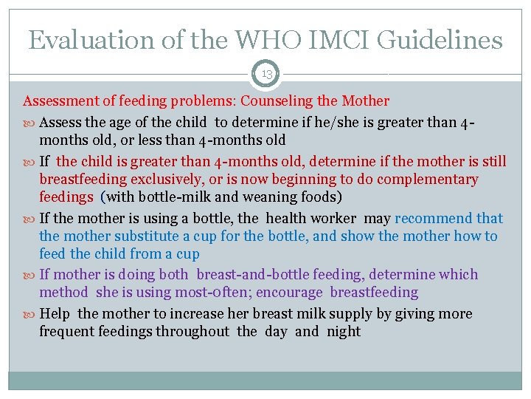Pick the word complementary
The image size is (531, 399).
point(423,180)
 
